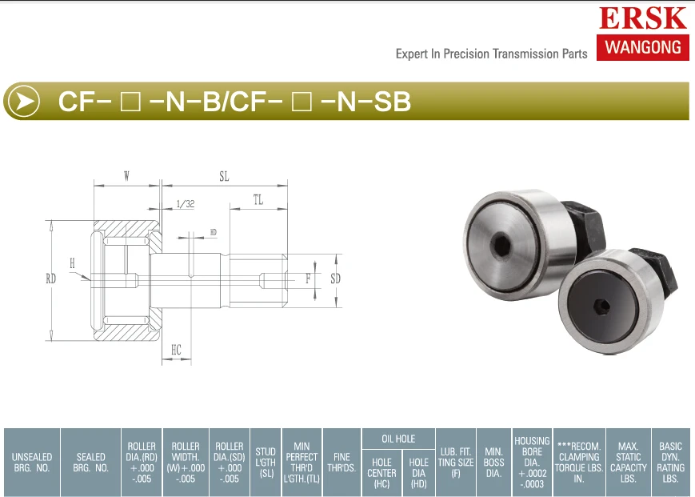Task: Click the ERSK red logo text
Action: pyautogui.click(x=642, y=18)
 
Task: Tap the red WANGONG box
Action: pyautogui.click(x=642, y=46)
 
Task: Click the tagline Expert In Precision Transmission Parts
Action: pyautogui.click(x=491, y=54)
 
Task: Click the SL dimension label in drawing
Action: pyautogui.click(x=224, y=177)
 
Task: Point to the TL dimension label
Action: pyautogui.click(x=258, y=201)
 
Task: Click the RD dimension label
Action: pyautogui.click(x=51, y=279)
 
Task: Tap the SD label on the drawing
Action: pyautogui.click(x=335, y=279)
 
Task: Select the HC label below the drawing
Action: pyautogui.click(x=177, y=350)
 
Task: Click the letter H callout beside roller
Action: pyautogui.click(x=72, y=263)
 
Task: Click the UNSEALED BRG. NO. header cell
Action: pyautogui.click(x=32, y=462)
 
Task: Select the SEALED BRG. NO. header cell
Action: pyautogui.click(x=90, y=462)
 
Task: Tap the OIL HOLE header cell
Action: pyautogui.click(x=398, y=439)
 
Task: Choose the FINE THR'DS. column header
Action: pyautogui.click(x=342, y=462)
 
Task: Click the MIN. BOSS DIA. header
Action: pyautogui.click(x=493, y=462)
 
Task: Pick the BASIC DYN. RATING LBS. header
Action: pyautogui.click(x=670, y=462)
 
